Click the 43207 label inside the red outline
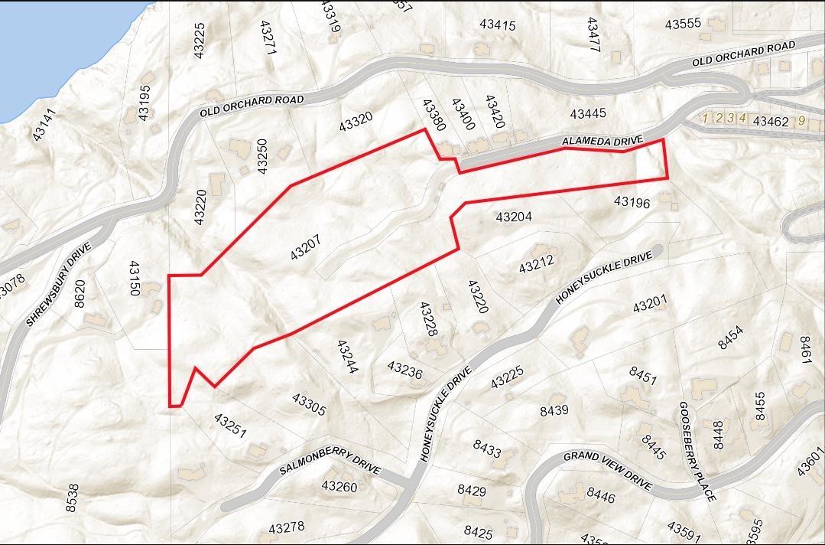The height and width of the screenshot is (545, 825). (306, 246)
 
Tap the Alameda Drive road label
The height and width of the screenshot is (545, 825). (603, 142)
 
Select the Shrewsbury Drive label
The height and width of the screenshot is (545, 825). (59, 284)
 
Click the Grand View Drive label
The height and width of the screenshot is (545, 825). (608, 470)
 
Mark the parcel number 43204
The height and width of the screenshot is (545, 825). (514, 217)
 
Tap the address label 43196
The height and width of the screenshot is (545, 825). (632, 202)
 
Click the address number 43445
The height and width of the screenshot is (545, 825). (587, 114)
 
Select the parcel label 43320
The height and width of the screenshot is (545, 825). (356, 121)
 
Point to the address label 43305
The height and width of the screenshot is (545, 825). (309, 405)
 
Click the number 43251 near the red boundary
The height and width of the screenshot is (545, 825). (230, 426)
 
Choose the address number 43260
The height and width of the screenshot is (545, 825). (339, 486)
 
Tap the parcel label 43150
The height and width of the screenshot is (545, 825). (135, 279)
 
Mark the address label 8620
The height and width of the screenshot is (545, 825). (80, 294)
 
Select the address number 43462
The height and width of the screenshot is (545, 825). (771, 121)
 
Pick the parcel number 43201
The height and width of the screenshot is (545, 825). (651, 304)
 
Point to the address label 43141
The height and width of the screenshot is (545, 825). (44, 125)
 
